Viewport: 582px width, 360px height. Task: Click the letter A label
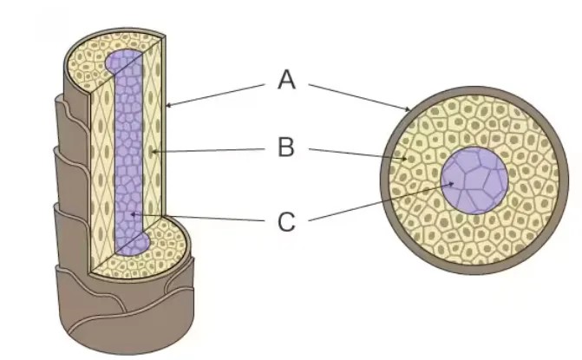coord(286,81)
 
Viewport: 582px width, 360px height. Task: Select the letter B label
coord(286,148)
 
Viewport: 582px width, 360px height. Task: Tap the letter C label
coord(286,222)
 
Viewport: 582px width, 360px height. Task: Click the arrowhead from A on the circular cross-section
coord(411,111)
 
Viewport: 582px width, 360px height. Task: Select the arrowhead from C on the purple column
coord(129,214)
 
